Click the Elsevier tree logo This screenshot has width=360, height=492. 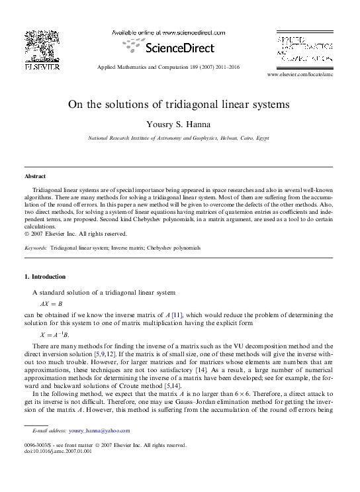click(x=43, y=46)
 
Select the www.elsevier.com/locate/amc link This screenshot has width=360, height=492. click(x=299, y=76)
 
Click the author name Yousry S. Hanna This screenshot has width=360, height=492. click(x=179, y=124)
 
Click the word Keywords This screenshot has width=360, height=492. click(x=36, y=247)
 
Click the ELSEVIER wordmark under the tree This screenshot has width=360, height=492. click(x=42, y=66)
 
